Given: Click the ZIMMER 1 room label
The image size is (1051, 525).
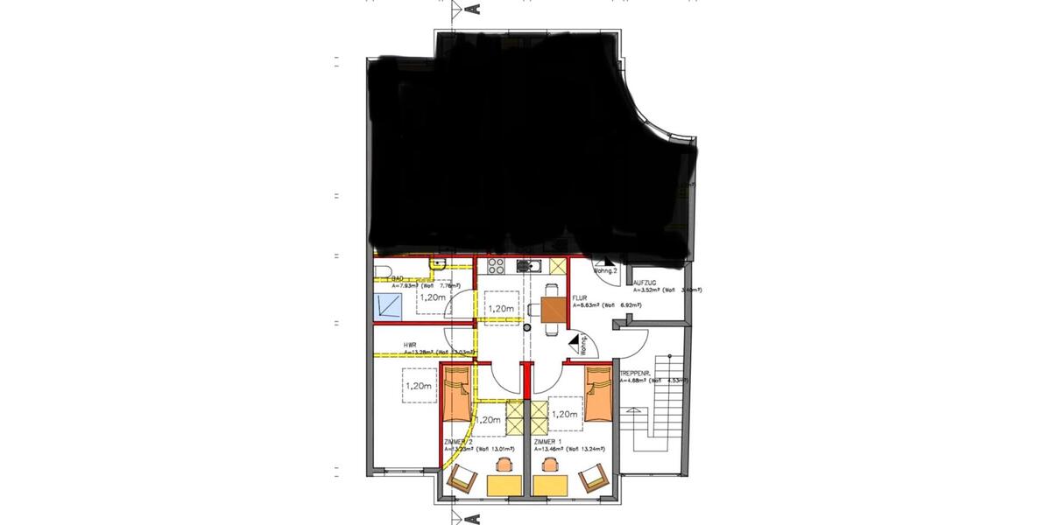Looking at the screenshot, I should pos(545,443).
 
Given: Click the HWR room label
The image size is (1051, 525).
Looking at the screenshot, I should pos(410,345).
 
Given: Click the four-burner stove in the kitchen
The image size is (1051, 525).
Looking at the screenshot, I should pos(495,267).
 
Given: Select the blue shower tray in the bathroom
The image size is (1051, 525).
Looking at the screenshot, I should pos(388,305).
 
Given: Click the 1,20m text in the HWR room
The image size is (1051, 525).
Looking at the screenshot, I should pos(420,385).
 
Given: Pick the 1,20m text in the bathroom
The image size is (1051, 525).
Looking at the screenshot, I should pos(432,297).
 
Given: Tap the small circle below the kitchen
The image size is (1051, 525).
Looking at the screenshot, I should pos(527,327).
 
